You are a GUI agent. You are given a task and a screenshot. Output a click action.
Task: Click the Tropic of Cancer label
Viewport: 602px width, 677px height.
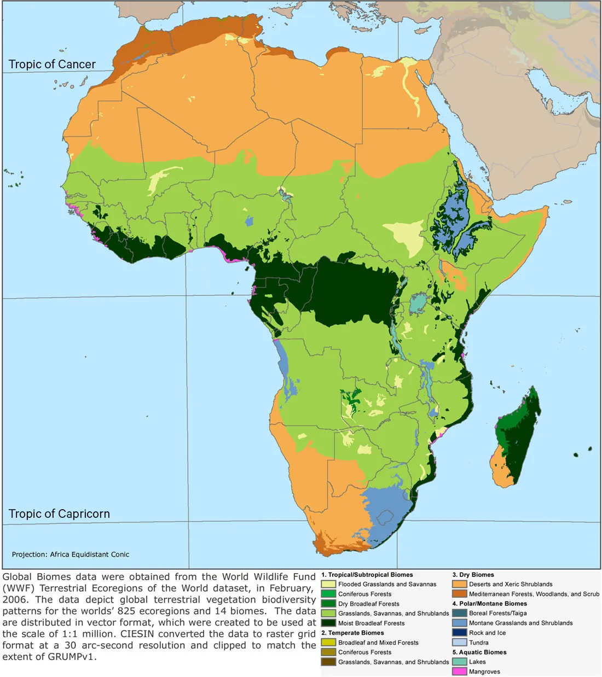point(52,65)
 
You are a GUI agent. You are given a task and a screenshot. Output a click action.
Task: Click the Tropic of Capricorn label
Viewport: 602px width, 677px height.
point(59,514)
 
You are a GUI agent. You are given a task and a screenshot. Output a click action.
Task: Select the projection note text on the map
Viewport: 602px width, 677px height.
point(71,555)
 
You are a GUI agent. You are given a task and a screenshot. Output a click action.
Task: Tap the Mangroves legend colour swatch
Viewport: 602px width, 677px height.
point(459,672)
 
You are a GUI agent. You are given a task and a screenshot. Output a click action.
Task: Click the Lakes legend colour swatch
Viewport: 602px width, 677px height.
point(459,662)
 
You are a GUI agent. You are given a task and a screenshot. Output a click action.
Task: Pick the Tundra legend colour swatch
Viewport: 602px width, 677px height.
point(459,643)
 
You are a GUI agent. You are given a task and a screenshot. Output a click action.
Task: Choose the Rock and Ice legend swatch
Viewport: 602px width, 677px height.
point(459,633)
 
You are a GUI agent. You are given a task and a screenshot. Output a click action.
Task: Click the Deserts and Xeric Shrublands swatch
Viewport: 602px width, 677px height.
point(459,584)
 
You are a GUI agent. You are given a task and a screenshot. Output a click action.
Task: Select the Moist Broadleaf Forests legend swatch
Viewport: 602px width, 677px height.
point(328,623)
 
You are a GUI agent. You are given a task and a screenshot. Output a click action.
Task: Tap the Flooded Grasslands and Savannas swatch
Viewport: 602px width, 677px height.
point(328,584)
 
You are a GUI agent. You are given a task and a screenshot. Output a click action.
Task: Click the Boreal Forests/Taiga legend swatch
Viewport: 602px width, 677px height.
point(459,613)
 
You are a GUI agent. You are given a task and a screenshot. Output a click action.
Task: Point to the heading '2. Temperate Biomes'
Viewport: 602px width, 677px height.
point(352,633)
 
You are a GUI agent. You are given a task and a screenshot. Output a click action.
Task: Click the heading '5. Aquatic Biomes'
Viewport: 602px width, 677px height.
point(479,652)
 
